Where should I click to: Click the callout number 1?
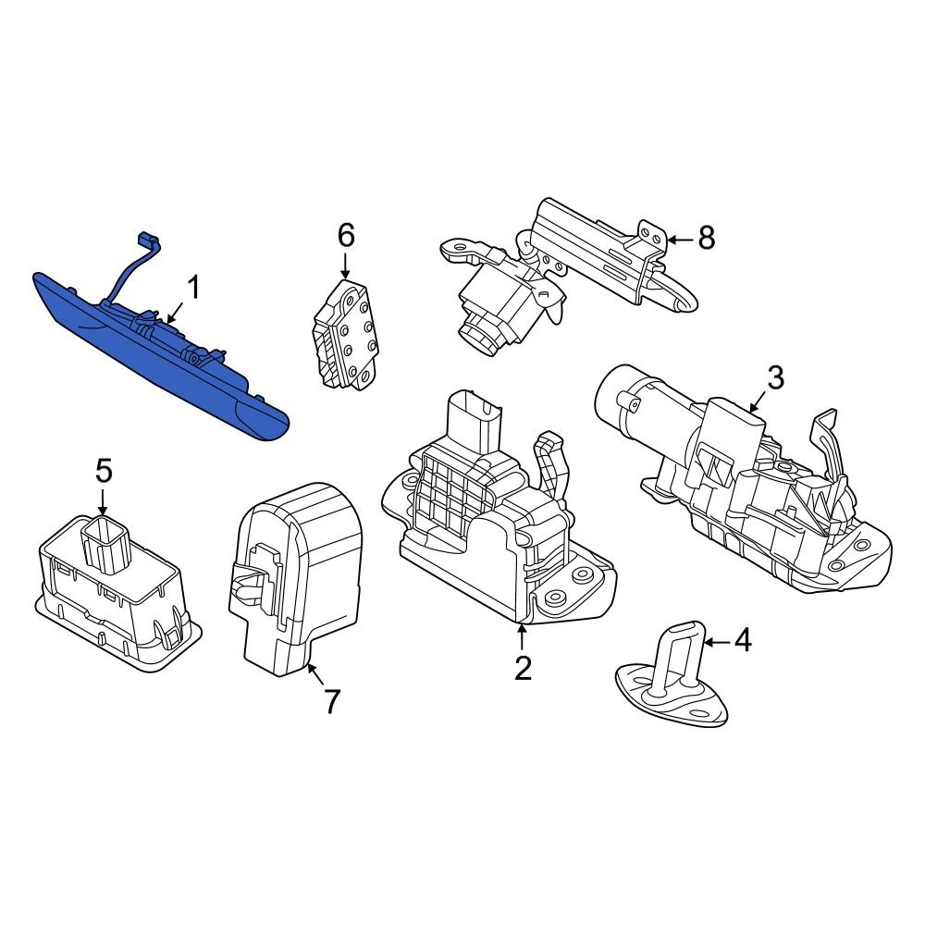[x=193, y=289]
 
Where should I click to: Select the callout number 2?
[x=523, y=667]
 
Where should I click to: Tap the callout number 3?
[x=775, y=377]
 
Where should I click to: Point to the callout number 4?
[x=743, y=639]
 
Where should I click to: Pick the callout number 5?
[x=103, y=471]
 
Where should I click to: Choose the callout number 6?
[x=345, y=236]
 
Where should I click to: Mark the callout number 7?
[x=331, y=701]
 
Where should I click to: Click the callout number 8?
[x=706, y=239]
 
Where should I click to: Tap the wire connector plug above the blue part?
[x=146, y=240]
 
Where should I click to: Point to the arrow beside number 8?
[x=679, y=240]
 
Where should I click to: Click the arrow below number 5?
[x=103, y=503]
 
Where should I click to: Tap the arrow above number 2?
[x=523, y=636]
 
